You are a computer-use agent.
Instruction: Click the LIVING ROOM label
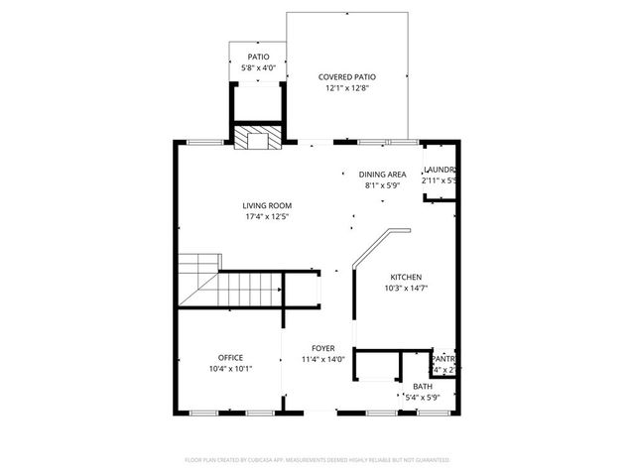pos(267,205)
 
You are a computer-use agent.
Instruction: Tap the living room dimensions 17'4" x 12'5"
pos(267,217)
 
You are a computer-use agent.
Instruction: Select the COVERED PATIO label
pos(346,76)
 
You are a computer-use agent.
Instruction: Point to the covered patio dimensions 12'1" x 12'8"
pos(346,88)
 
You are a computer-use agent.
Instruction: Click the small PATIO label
pos(258,57)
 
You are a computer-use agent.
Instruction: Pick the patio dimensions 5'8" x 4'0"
pos(258,68)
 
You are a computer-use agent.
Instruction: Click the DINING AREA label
pos(382,174)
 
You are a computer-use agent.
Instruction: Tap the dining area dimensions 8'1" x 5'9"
pos(382,185)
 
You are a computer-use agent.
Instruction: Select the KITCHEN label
pos(406,277)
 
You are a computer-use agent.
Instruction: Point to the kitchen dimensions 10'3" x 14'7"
pos(406,289)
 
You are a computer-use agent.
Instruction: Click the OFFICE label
pos(231,357)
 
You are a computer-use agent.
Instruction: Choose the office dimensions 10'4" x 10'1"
pos(231,369)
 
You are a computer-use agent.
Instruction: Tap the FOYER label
pos(322,348)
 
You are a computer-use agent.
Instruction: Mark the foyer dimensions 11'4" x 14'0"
pos(322,360)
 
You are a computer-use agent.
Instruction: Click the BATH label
pos(423,387)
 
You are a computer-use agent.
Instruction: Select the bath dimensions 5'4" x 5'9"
pos(423,398)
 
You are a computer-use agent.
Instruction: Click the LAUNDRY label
pos(439,170)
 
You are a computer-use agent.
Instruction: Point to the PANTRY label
pos(444,358)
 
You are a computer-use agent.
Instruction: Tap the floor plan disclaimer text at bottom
pos(317,460)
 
